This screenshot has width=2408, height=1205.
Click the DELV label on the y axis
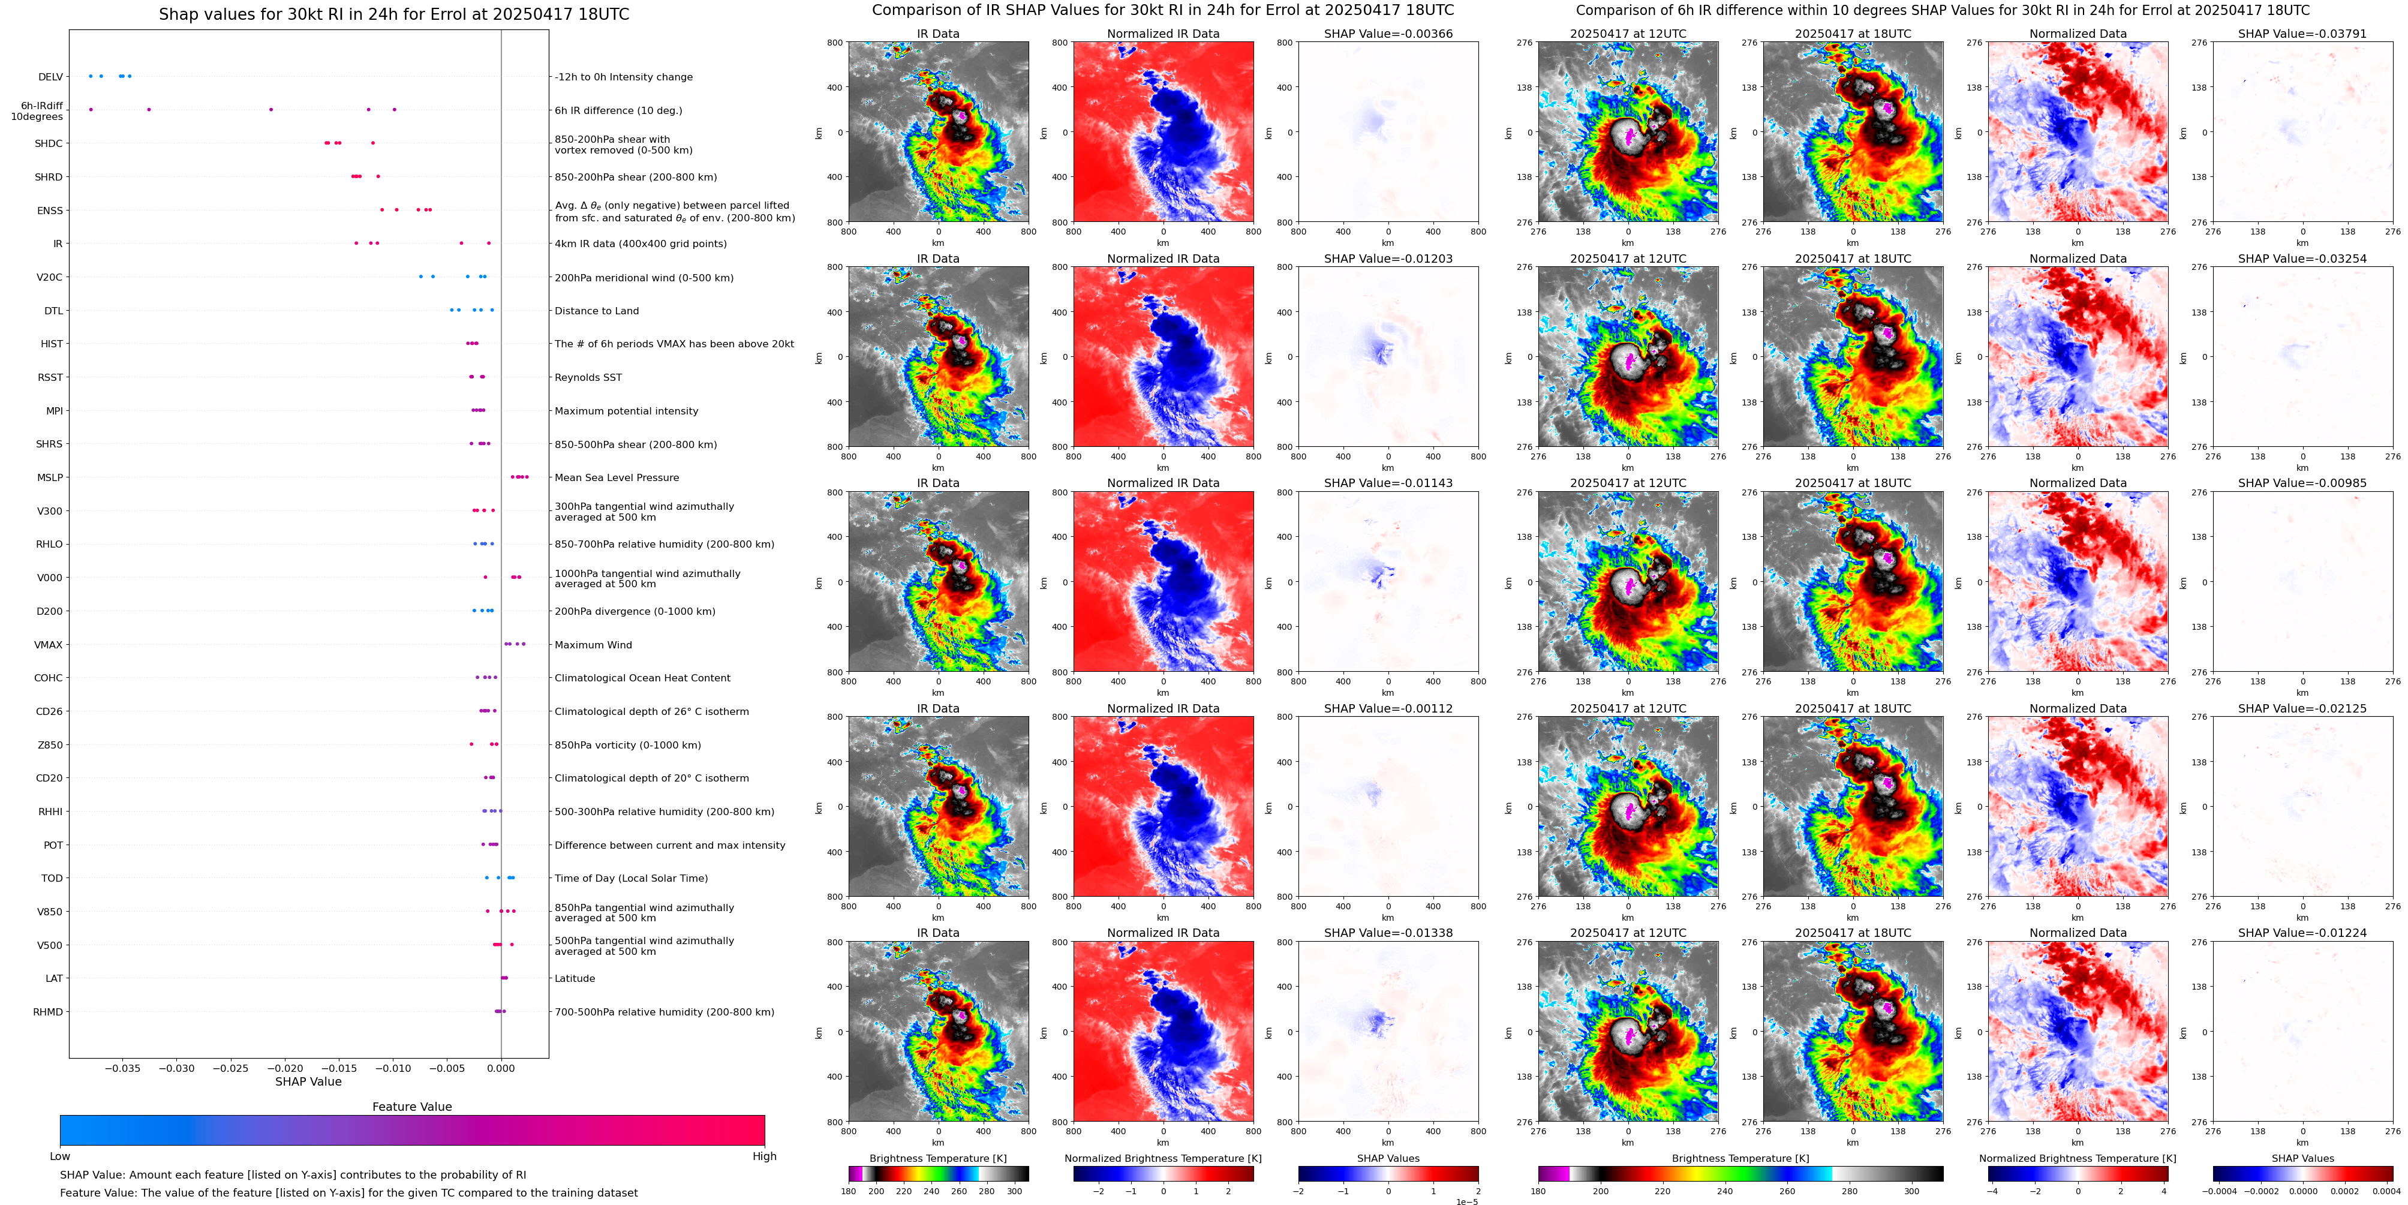(x=50, y=77)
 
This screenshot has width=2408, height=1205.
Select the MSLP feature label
(x=50, y=477)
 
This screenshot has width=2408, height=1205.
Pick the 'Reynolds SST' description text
(x=588, y=378)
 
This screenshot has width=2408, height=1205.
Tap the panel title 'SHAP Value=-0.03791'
(x=2301, y=34)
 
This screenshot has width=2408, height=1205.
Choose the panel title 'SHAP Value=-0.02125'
(x=2301, y=708)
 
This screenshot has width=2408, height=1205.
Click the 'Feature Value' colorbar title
(x=411, y=1107)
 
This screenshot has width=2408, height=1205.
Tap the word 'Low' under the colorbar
(x=60, y=1156)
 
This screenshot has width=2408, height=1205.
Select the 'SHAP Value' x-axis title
(x=308, y=1081)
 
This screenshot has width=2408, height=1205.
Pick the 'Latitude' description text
(x=575, y=979)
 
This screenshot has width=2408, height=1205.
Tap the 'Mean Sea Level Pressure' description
(x=617, y=477)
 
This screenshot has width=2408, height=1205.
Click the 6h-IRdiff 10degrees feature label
(x=37, y=111)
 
